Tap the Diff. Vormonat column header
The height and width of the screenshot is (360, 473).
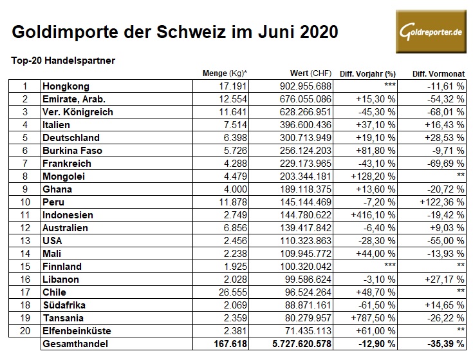pos(438,73)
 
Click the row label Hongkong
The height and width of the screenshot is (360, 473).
pos(65,86)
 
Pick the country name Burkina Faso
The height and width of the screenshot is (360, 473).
pos(71,150)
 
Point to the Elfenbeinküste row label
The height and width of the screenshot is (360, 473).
pos(77,330)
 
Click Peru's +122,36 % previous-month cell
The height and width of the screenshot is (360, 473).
pos(441,202)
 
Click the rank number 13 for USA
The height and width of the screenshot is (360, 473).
pos(25,240)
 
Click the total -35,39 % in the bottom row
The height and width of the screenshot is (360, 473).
pos(444,344)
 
